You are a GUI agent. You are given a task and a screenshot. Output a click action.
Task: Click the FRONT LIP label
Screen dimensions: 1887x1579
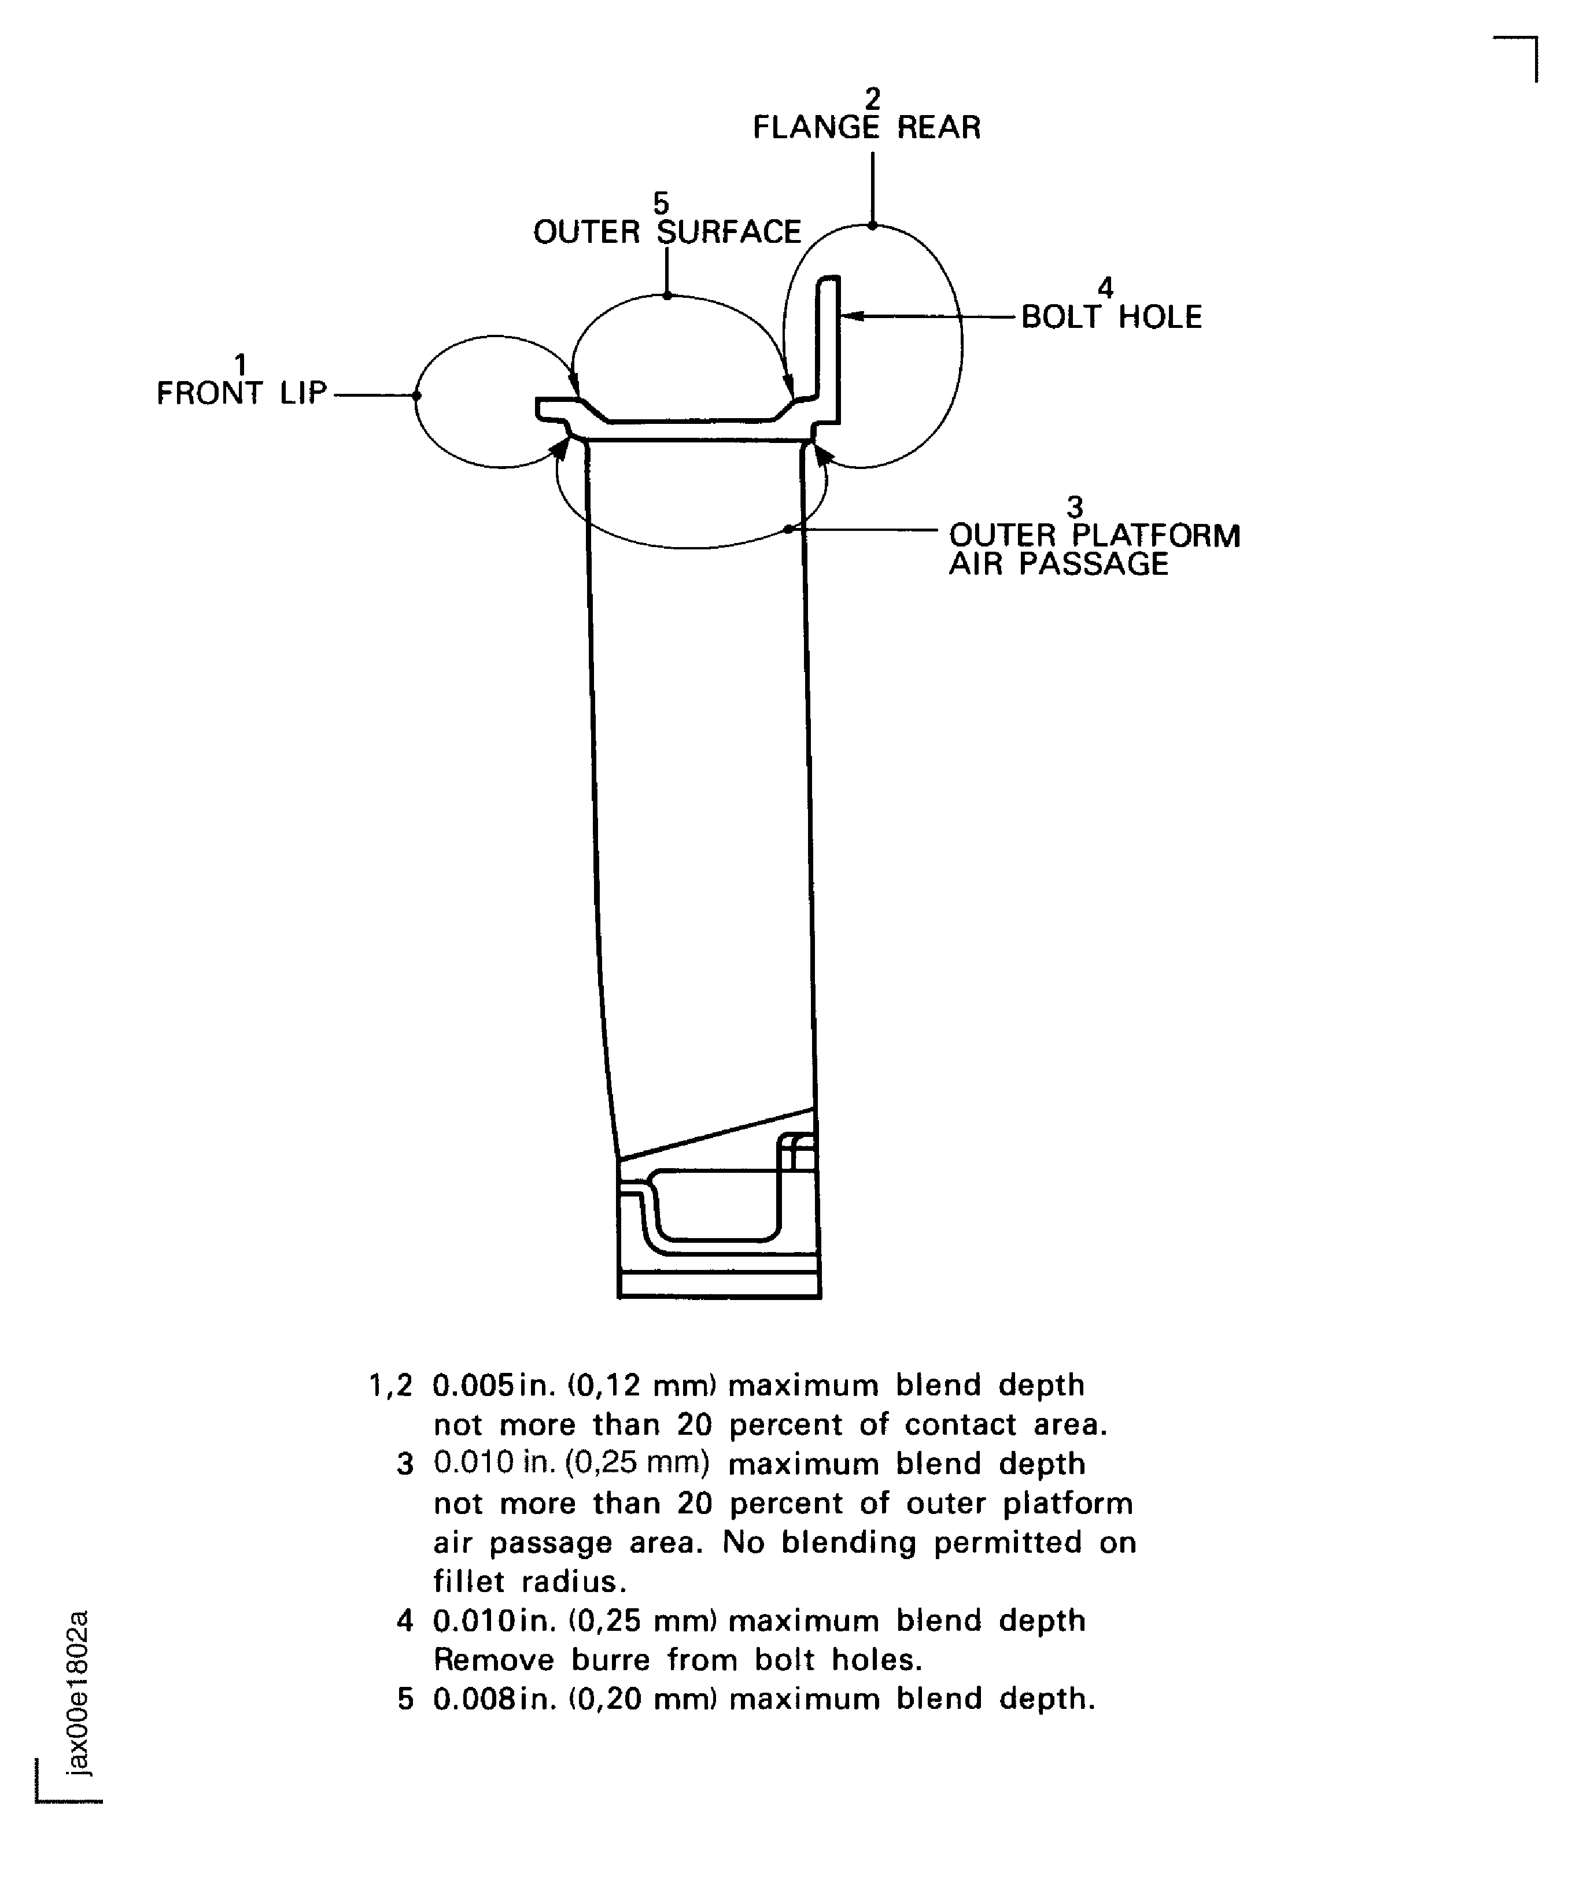click(x=241, y=394)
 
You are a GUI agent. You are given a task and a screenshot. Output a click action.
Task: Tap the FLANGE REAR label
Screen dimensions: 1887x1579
click(x=866, y=128)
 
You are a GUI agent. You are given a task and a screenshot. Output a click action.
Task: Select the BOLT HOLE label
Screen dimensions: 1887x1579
click(x=1112, y=317)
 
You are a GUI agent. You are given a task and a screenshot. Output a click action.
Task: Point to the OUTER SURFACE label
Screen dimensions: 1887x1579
click(x=667, y=232)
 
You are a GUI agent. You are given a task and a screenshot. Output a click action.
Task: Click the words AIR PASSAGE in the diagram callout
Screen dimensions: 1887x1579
click(x=1058, y=564)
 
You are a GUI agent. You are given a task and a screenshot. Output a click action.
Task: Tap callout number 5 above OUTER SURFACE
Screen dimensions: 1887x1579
click(x=662, y=203)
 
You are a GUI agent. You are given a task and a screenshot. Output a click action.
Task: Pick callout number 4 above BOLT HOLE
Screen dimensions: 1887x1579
click(x=1105, y=287)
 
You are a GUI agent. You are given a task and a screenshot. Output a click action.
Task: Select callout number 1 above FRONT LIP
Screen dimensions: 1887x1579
click(x=240, y=364)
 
